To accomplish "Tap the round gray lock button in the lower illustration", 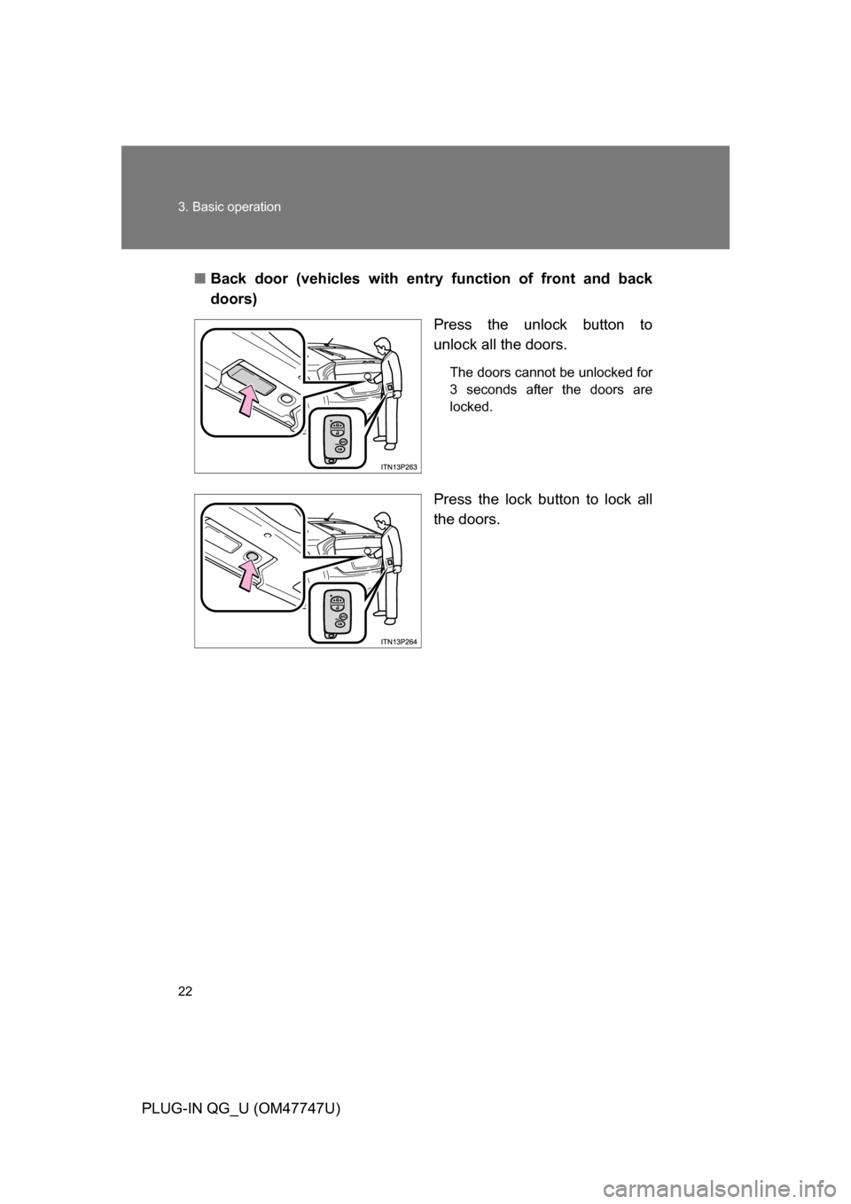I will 251,556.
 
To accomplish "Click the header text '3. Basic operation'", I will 231,207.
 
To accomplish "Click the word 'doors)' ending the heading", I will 234,300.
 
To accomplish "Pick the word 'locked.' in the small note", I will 471,407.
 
